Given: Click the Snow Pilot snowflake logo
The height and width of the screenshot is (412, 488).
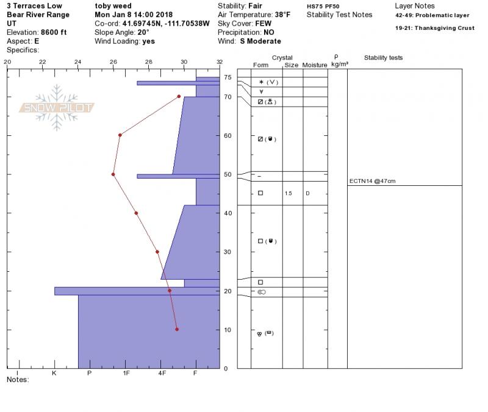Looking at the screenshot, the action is pyautogui.click(x=56, y=107).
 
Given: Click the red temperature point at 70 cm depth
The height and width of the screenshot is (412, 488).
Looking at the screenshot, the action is pyautogui.click(x=179, y=96).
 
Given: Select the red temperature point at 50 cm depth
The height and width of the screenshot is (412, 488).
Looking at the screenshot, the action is pyautogui.click(x=113, y=174).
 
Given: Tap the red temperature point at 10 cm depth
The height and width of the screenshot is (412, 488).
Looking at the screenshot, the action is pyautogui.click(x=177, y=329).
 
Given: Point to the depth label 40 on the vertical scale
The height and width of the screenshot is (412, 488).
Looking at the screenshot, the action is pyautogui.click(x=228, y=213).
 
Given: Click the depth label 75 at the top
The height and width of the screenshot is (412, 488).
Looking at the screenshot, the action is pyautogui.click(x=228, y=77).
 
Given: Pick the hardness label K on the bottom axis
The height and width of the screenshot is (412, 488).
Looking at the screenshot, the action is pyautogui.click(x=54, y=373).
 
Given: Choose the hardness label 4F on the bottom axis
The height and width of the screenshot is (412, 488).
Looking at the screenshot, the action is pyautogui.click(x=162, y=373).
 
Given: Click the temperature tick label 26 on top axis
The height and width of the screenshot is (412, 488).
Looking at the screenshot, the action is pyautogui.click(x=113, y=62).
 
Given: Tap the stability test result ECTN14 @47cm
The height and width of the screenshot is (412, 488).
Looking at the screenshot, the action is pyautogui.click(x=372, y=181).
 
